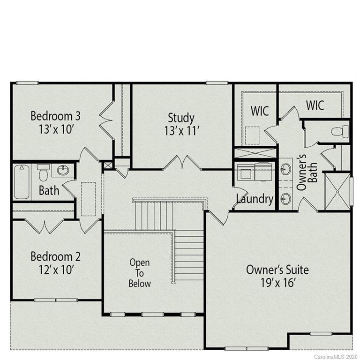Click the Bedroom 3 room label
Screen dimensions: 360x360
click(52, 115)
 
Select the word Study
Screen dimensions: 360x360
click(181, 117)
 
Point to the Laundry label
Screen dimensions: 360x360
click(255, 199)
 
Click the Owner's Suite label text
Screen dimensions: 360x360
click(277, 270)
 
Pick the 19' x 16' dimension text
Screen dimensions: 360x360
click(277, 283)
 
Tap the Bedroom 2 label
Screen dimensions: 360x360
click(55, 256)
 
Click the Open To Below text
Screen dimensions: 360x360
click(140, 273)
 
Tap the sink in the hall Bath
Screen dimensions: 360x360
click(62, 170)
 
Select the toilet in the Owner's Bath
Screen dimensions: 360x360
click(340, 131)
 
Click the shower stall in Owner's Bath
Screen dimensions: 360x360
click(337, 191)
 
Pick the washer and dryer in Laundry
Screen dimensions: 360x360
click(255, 172)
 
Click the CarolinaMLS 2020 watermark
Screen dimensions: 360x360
click(336, 356)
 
